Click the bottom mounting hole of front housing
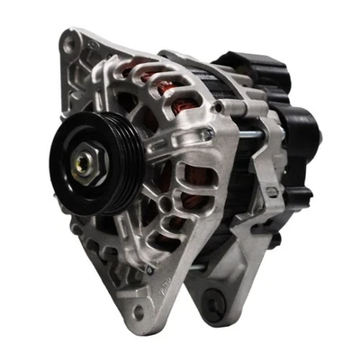pyautogui.click(x=139, y=311)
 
